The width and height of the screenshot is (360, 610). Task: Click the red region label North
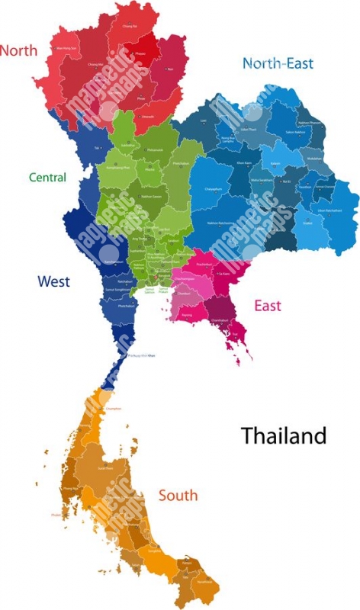point(18,50)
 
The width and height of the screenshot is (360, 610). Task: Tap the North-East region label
point(278,63)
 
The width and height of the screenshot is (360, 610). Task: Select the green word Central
point(47,178)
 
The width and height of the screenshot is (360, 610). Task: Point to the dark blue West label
point(53,282)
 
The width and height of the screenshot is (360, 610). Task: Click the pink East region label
point(267,306)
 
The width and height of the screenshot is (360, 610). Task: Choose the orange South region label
point(178,496)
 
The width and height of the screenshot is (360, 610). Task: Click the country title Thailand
point(283,436)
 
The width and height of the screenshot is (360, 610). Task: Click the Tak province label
point(97,146)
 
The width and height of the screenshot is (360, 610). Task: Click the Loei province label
point(203,120)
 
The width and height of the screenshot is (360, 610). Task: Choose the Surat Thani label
point(106,468)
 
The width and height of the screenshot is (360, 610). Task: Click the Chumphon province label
point(113,409)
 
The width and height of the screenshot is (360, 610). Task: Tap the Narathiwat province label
point(205,579)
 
